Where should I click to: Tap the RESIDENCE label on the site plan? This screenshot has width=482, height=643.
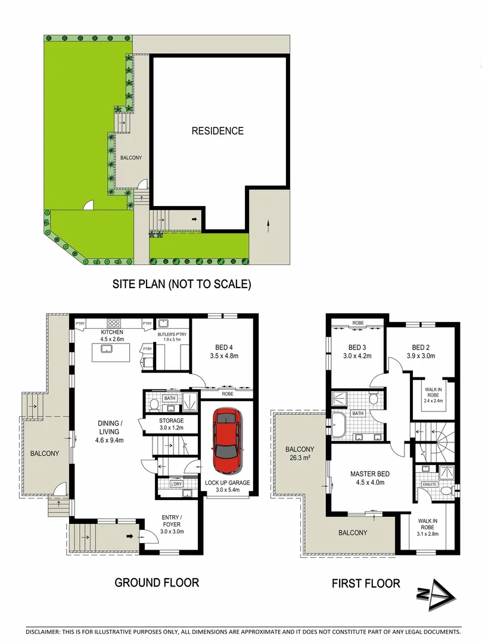pyautogui.click(x=217, y=131)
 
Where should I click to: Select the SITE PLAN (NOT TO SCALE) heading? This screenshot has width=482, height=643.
pyautogui.click(x=182, y=285)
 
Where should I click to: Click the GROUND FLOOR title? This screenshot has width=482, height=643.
pyautogui.click(x=157, y=582)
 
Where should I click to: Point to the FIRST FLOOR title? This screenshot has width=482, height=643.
pyautogui.click(x=366, y=583)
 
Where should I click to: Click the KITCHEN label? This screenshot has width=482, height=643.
pyautogui.click(x=111, y=332)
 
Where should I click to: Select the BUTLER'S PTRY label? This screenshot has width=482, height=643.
pyautogui.click(x=172, y=335)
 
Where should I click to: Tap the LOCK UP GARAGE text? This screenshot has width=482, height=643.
pyautogui.click(x=227, y=483)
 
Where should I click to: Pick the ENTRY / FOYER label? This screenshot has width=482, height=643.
pyautogui.click(x=171, y=517)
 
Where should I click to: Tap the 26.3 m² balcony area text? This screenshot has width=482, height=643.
pyautogui.click(x=299, y=458)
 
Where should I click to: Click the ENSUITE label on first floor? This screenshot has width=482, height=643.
pyautogui.click(x=430, y=484)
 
